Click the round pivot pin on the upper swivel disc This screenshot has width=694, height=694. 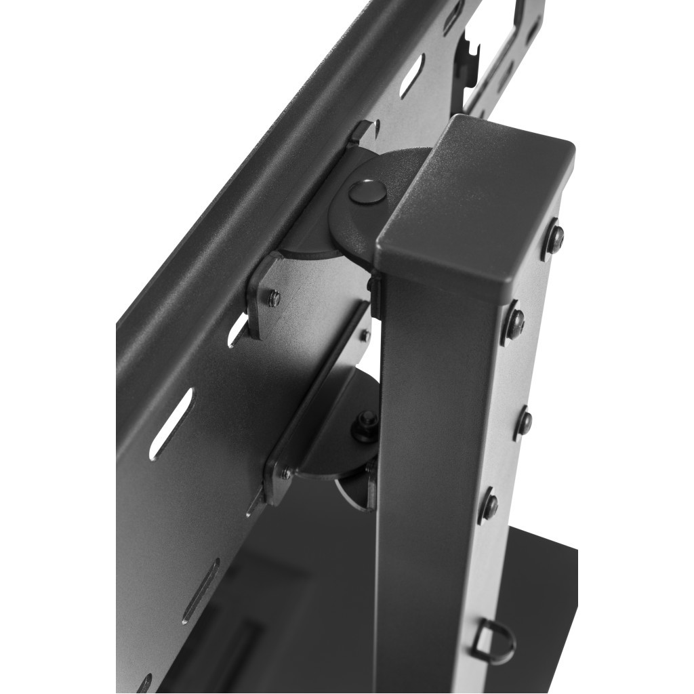(x=367, y=191)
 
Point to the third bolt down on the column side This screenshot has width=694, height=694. (x=523, y=420)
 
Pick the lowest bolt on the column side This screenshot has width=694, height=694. (x=489, y=504)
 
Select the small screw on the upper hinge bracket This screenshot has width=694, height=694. (x=273, y=298)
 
